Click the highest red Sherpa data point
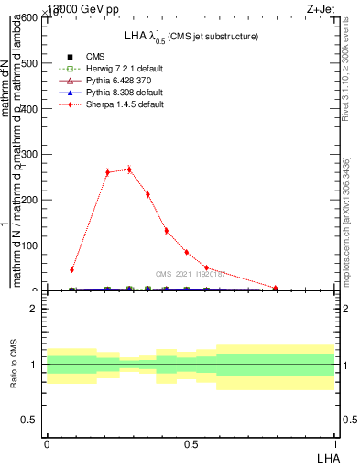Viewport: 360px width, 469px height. click(129, 169)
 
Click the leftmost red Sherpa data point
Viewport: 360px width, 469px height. click(71, 270)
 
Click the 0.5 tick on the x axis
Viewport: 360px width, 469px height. click(191, 442)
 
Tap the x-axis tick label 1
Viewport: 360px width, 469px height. click(335, 442)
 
